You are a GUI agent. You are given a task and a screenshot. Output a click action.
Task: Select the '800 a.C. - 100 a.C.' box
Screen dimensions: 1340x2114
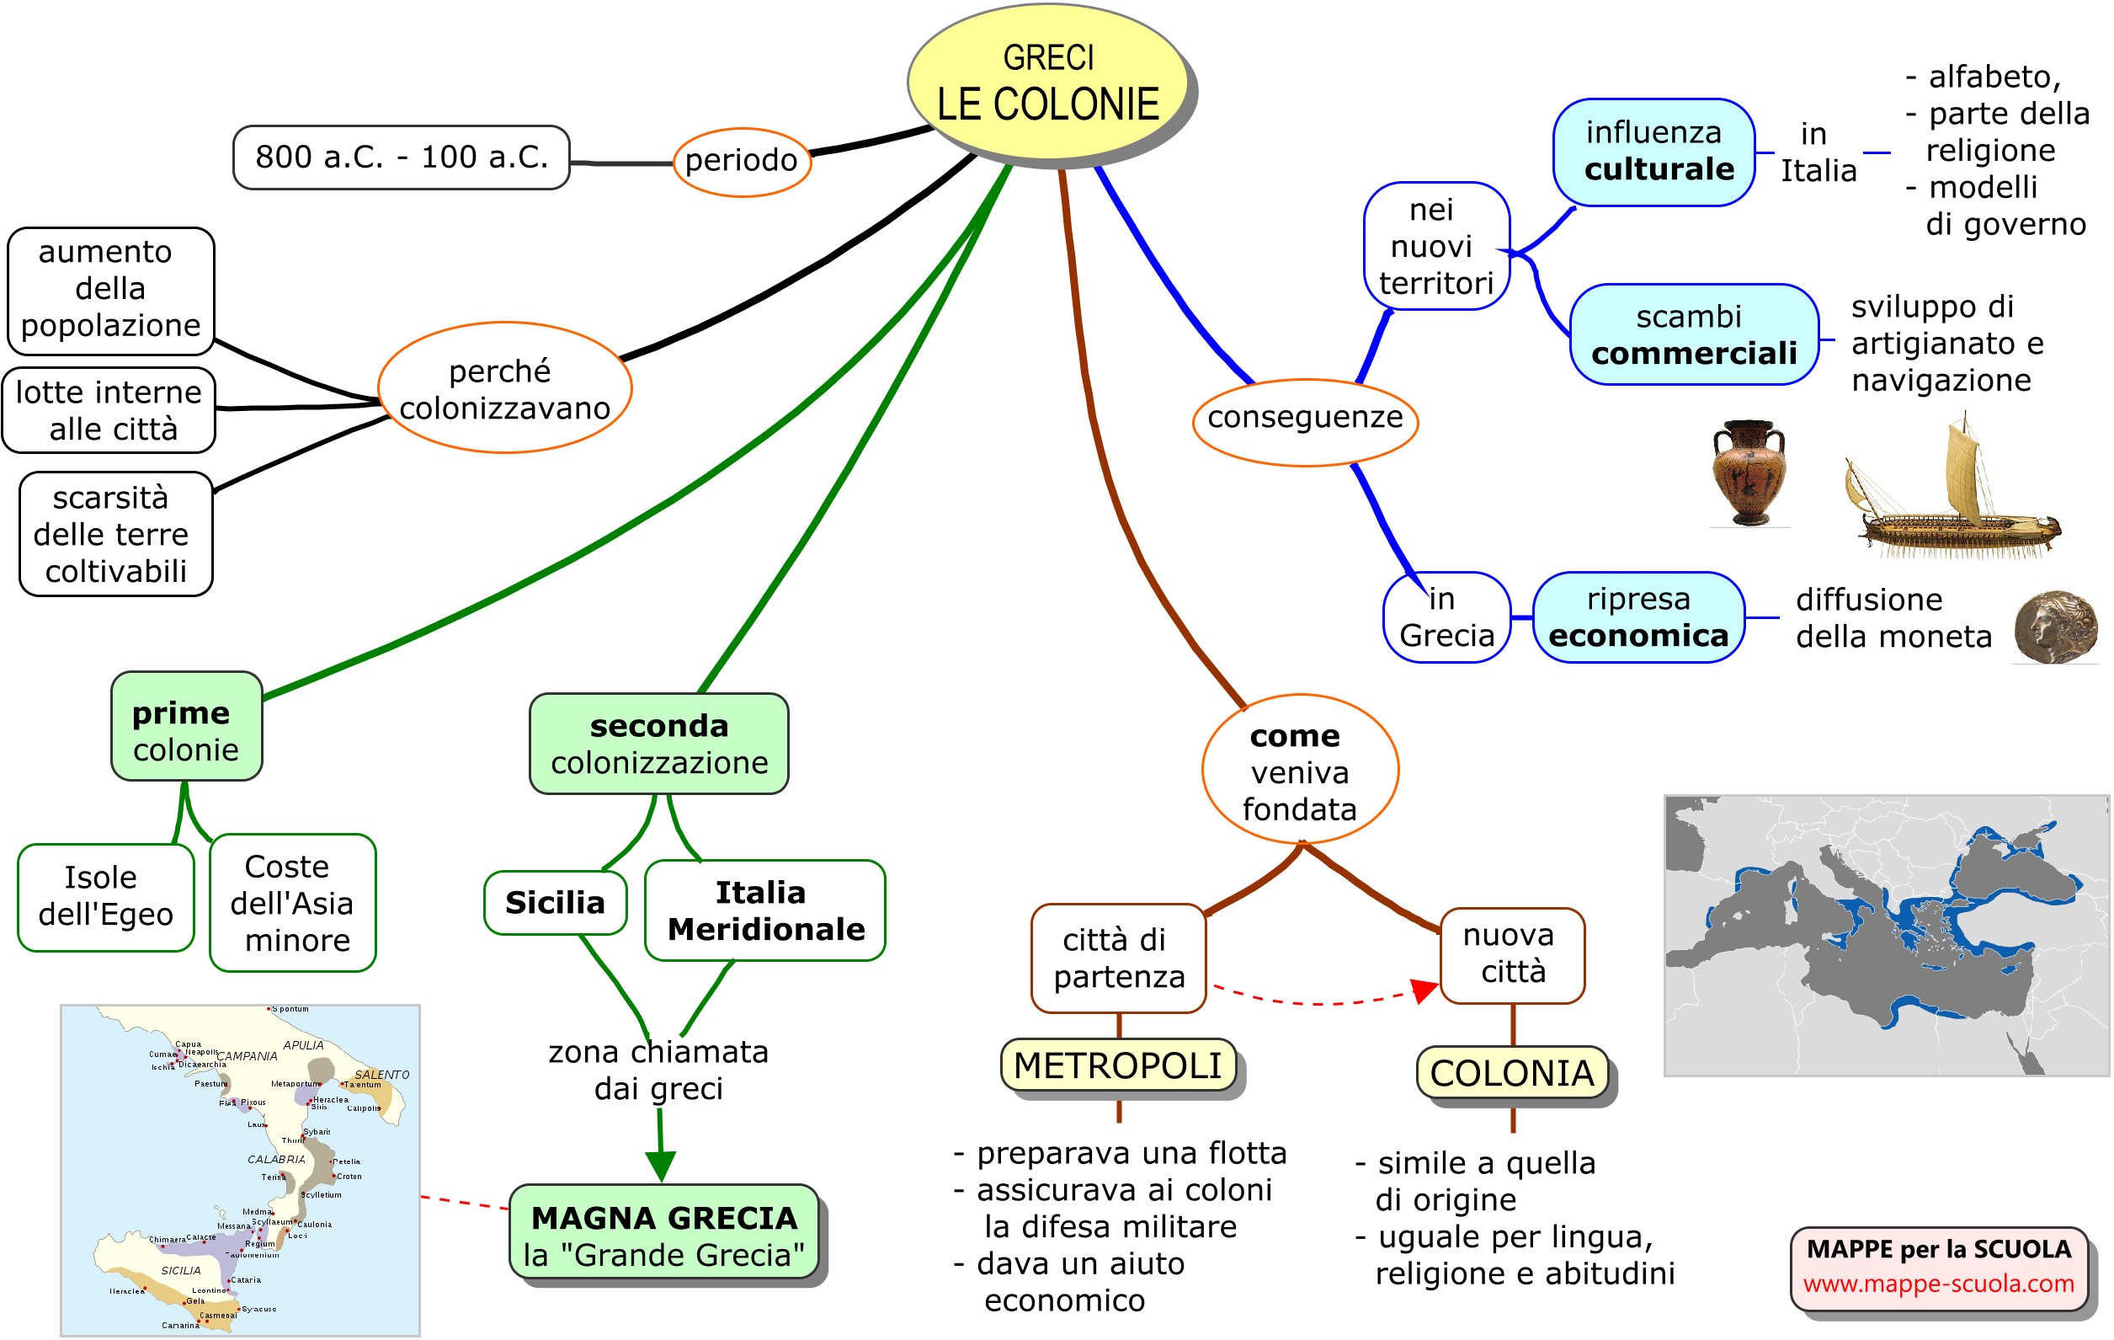402,157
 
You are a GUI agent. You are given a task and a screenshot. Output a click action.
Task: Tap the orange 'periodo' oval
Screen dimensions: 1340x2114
742,162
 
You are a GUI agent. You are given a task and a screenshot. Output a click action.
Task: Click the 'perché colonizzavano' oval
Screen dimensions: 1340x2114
505,388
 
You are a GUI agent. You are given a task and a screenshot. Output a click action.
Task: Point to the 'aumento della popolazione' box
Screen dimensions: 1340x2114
110,290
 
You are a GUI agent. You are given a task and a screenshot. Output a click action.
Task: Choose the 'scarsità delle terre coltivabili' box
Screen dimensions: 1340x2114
116,534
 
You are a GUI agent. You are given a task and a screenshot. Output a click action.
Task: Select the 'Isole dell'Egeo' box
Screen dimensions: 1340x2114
105,896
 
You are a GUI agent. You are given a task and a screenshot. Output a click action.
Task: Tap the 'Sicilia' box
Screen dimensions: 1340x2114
555,903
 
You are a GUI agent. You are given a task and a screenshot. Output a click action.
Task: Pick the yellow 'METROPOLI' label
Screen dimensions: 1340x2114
1117,1065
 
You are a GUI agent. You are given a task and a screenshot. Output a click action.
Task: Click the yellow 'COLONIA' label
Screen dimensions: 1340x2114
1512,1073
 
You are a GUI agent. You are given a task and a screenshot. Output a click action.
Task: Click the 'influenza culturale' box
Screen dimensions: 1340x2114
1655,152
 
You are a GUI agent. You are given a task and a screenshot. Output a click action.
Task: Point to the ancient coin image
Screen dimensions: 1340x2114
2055,627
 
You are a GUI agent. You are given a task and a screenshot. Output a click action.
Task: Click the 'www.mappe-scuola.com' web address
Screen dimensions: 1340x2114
1938,1284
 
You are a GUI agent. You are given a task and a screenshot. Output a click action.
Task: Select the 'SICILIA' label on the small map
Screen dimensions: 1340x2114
181,1271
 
